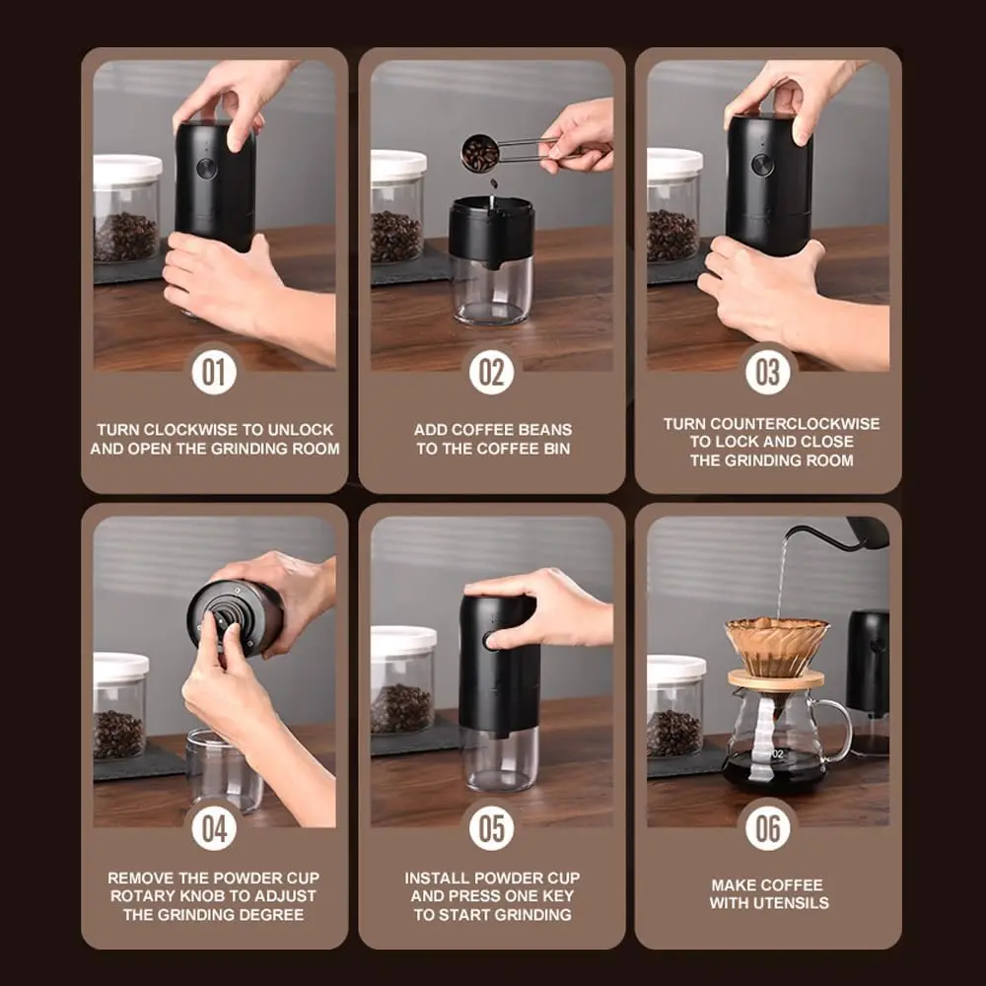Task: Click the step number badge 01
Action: pyautogui.click(x=214, y=373)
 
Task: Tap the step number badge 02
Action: pyautogui.click(x=491, y=373)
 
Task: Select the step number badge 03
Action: pyautogui.click(x=768, y=373)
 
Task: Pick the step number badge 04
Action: pyautogui.click(x=214, y=828)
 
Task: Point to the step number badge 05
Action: pyautogui.click(x=491, y=828)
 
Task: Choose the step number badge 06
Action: pyautogui.click(x=768, y=828)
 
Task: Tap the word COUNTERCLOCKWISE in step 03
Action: pyautogui.click(x=795, y=424)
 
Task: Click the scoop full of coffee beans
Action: pyautogui.click(x=480, y=152)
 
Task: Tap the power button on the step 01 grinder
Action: pyautogui.click(x=206, y=168)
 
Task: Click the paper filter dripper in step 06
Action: pyautogui.click(x=777, y=647)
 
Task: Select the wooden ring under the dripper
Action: pyautogui.click(x=776, y=679)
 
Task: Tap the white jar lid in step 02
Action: pyautogui.click(x=398, y=165)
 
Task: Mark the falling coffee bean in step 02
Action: pyautogui.click(x=494, y=183)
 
